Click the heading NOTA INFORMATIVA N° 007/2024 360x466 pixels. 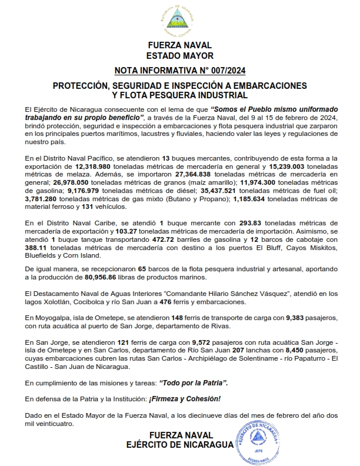180,72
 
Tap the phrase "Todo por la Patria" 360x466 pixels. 193,383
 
